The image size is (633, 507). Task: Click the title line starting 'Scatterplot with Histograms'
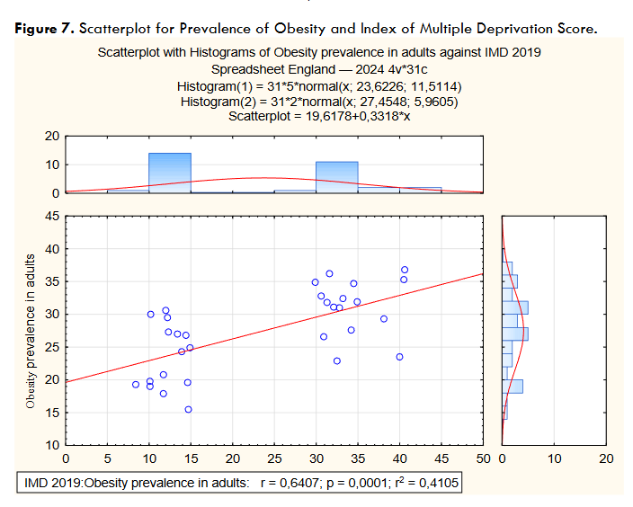pyautogui.click(x=318, y=53)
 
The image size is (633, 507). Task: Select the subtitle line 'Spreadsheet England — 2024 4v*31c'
pyautogui.click(x=318, y=69)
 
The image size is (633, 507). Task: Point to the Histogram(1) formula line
pyautogui.click(x=318, y=85)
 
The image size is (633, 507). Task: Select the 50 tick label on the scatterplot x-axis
pyautogui.click(x=483, y=458)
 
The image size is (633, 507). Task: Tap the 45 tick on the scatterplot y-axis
pyautogui.click(x=53, y=216)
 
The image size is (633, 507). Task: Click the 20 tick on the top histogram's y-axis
pyautogui.click(x=53, y=136)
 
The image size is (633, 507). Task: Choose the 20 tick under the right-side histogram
pyautogui.click(x=606, y=458)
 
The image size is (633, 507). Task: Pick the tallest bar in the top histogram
pyautogui.click(x=170, y=173)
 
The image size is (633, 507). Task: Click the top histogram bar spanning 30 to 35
pyautogui.click(x=337, y=177)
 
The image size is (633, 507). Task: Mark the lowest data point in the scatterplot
pyautogui.click(x=188, y=409)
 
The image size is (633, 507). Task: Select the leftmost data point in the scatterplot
pyautogui.click(x=136, y=384)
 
